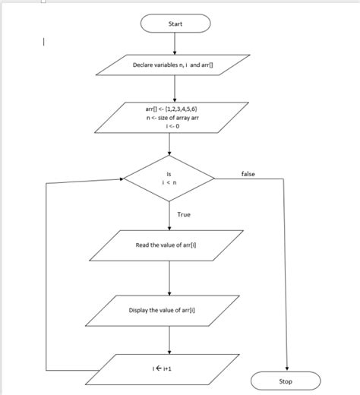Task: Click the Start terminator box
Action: (175, 24)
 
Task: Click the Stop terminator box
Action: (286, 381)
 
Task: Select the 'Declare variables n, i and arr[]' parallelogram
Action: (175, 65)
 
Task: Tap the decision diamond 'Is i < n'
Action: (169, 179)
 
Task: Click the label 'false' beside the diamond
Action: (248, 174)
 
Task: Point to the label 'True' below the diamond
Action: (184, 215)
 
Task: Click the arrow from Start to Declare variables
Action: (175, 44)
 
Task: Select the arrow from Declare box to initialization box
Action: (175, 89)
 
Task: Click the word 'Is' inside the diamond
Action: (169, 174)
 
